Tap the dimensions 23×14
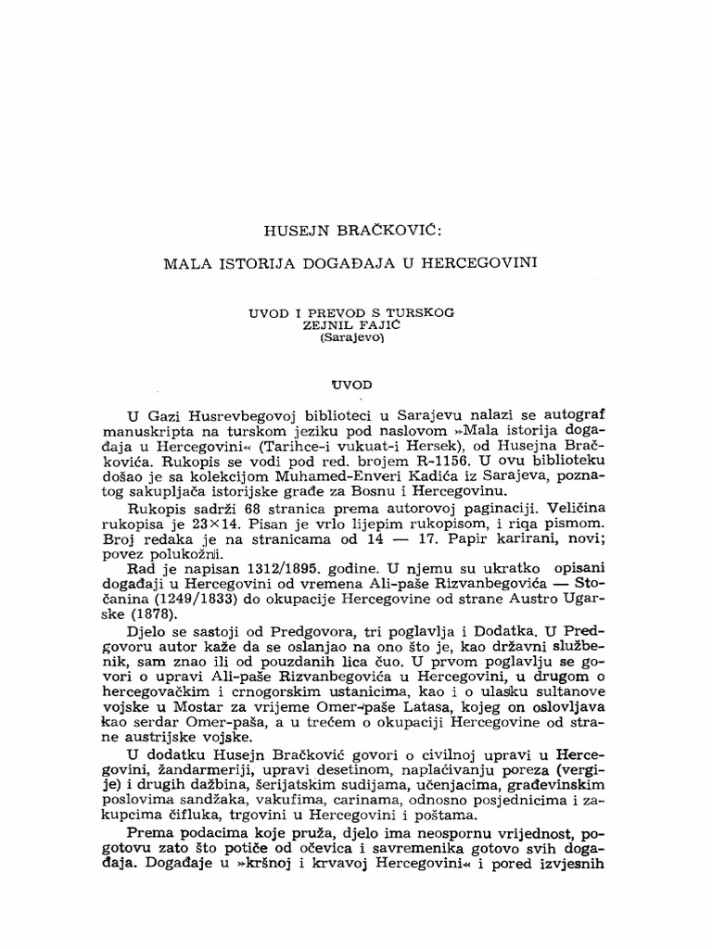point(237,524)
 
